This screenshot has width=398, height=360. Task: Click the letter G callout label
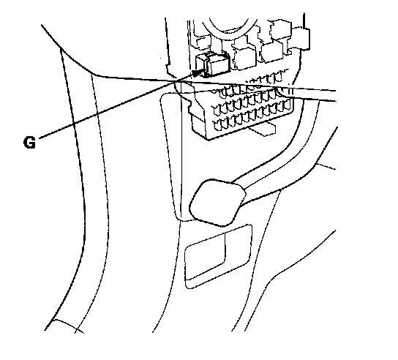tap(29, 143)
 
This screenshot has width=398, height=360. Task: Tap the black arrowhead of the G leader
tap(198, 72)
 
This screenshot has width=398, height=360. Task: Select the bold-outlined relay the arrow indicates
tap(212, 65)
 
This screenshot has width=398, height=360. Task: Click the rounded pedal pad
tap(217, 202)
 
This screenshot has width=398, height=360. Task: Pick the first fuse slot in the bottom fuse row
tap(218, 126)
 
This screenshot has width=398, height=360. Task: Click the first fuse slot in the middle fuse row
tap(217, 109)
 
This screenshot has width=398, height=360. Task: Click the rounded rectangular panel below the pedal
tap(218, 256)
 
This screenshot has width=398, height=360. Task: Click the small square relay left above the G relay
tap(203, 43)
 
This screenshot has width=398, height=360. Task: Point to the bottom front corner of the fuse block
tap(209, 139)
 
